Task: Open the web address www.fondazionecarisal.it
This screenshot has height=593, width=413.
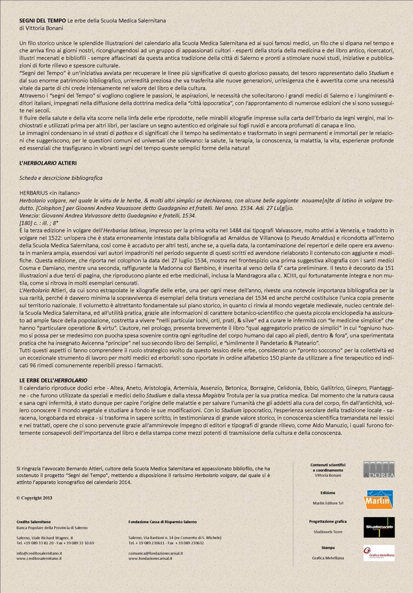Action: coord(155,558)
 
